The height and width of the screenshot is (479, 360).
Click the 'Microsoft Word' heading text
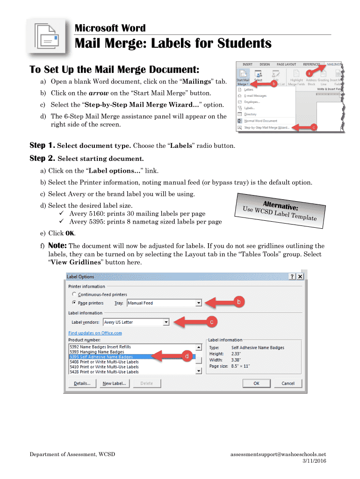[x=110, y=28]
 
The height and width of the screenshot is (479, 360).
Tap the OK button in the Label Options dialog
[x=256, y=383]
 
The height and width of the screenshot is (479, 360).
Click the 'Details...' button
[x=82, y=383]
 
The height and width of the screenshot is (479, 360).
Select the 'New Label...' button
[x=114, y=383]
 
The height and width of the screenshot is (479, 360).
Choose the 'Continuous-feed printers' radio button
[x=74, y=294]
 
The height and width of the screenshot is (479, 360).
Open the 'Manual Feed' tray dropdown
[x=199, y=303]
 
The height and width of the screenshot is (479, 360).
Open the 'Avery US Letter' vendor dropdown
[x=166, y=322]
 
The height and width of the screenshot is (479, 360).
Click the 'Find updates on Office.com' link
[x=95, y=333]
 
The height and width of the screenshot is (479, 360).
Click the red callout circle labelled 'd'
[x=187, y=356]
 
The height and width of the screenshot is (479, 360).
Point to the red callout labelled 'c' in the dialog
[x=211, y=322]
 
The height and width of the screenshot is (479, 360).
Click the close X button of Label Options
[x=300, y=277]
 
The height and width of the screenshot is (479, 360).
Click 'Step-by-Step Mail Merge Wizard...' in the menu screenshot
[x=266, y=127]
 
